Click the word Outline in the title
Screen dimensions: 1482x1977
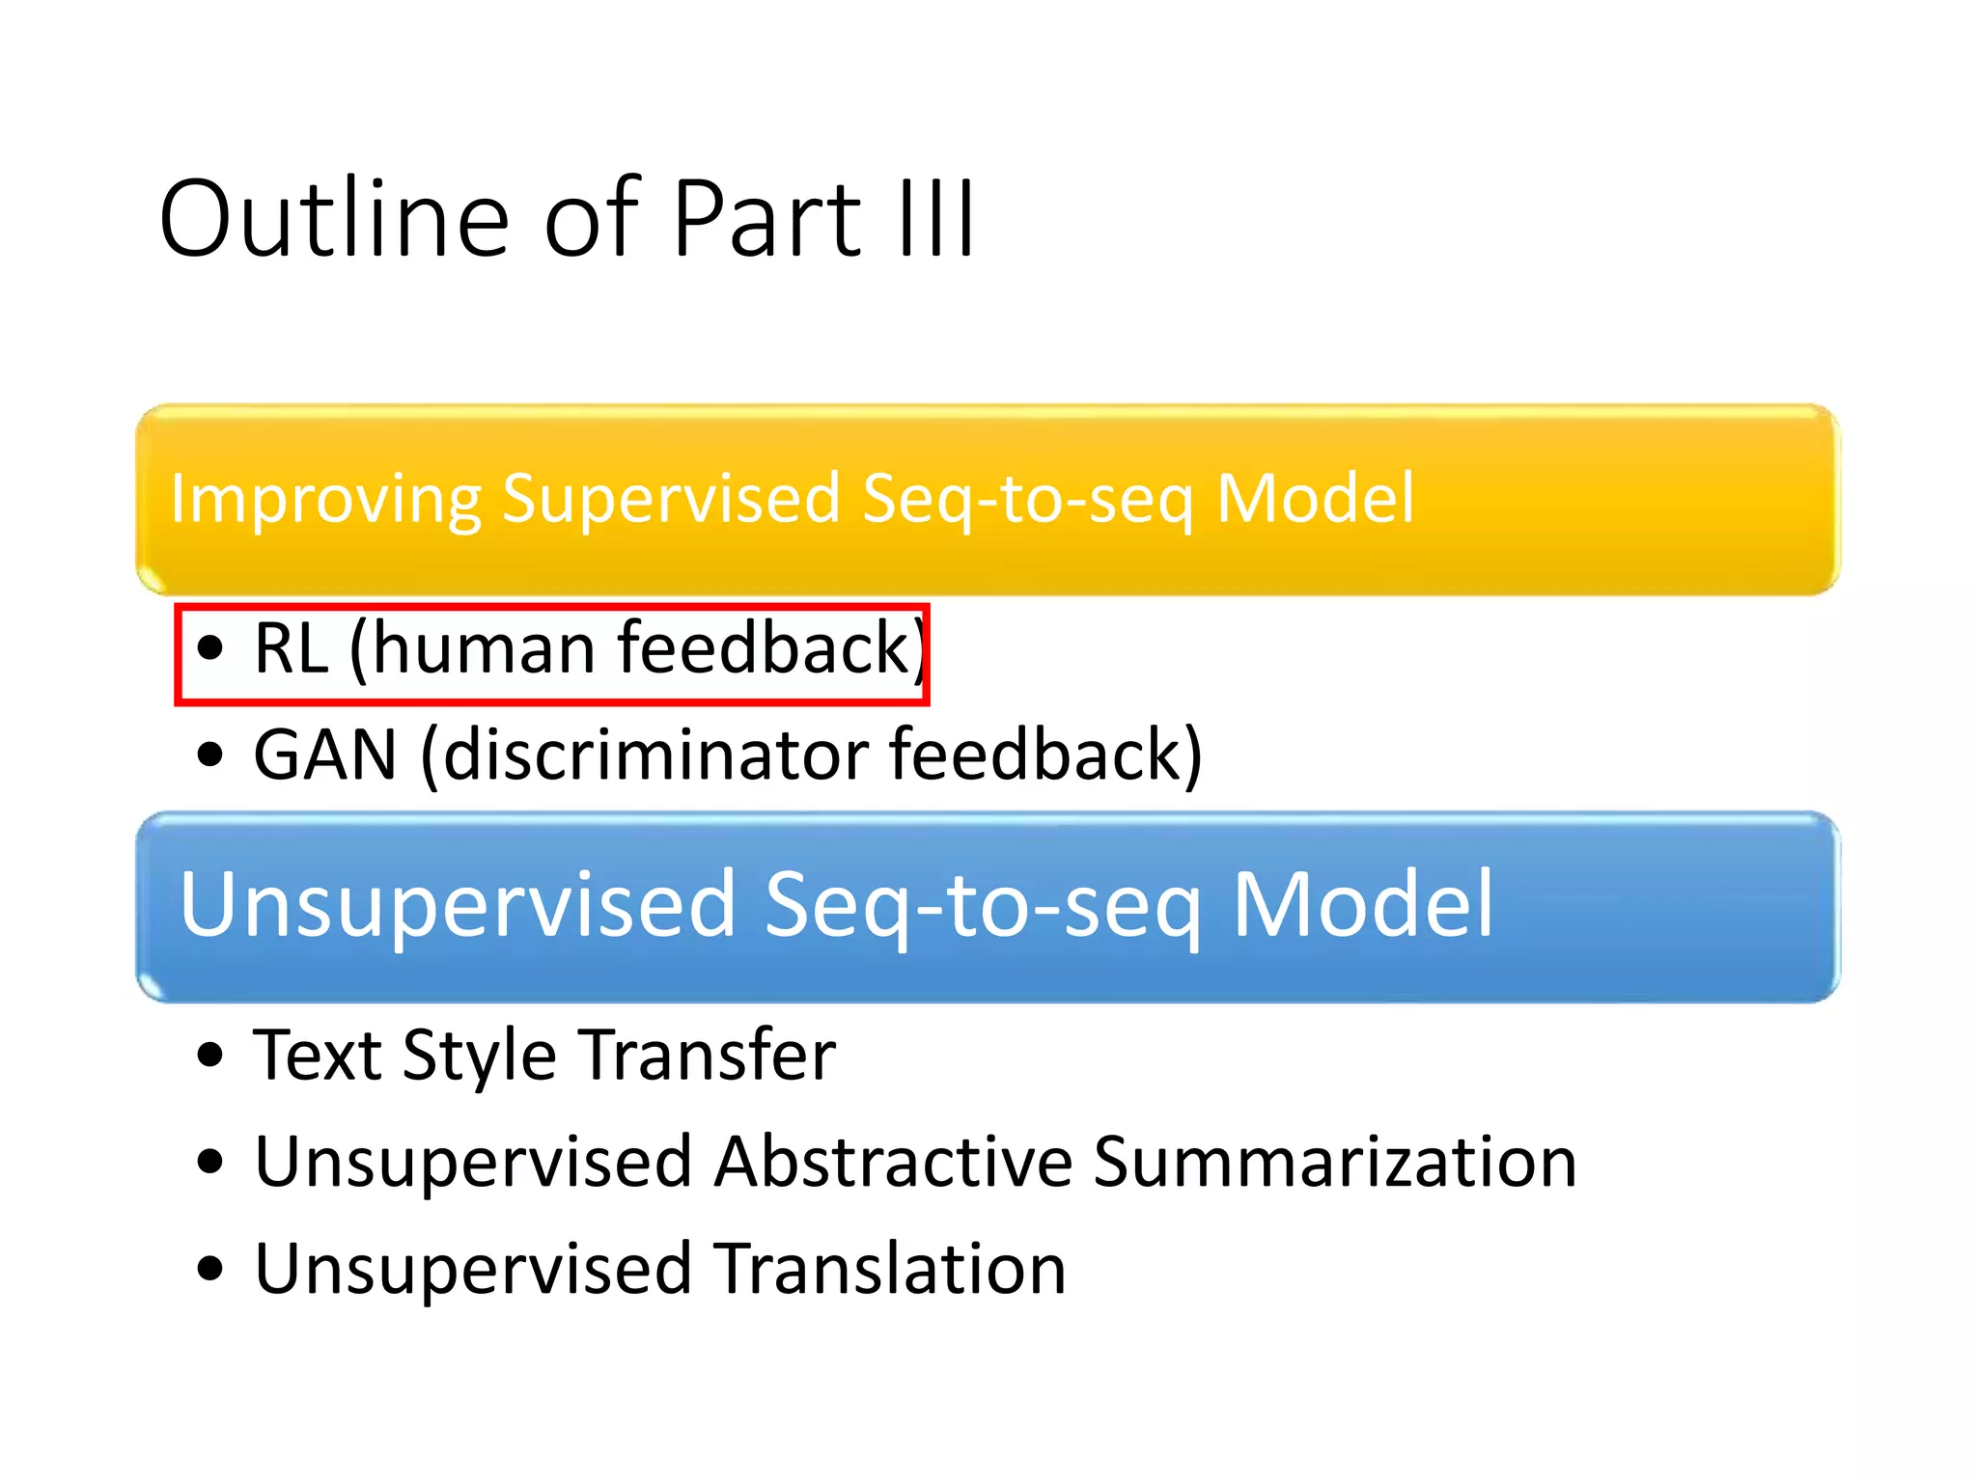(333, 220)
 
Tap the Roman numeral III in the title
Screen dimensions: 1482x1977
(935, 220)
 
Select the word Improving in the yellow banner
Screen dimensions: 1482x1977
(325, 500)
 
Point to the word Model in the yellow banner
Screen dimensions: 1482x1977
(1315, 498)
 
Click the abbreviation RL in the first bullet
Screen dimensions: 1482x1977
(291, 648)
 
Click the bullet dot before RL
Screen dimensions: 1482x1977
(209, 648)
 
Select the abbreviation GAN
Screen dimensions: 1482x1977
(325, 755)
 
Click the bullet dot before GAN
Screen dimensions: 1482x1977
(209, 755)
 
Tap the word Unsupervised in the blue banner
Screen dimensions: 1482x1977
(459, 905)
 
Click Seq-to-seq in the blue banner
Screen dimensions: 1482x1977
(983, 905)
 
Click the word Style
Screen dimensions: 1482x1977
(480, 1057)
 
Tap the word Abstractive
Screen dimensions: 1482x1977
(893, 1162)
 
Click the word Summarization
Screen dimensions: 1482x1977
(1335, 1162)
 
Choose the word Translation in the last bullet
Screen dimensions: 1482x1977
(889, 1268)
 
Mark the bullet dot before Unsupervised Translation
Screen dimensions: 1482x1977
(209, 1268)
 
